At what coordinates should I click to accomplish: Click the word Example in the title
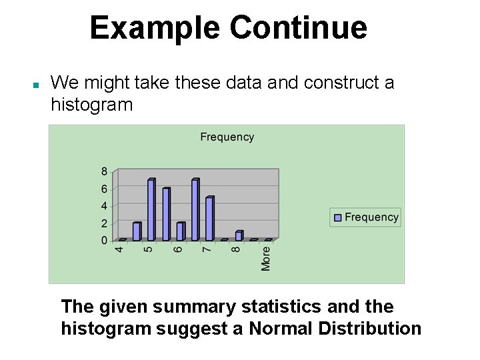point(155,28)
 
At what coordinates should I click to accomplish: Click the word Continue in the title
point(298,28)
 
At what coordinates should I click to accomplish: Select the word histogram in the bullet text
point(91,105)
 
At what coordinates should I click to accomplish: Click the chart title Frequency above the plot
point(227,137)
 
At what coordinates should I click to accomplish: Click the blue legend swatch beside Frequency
point(338,217)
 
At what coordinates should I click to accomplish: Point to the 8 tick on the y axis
point(104,171)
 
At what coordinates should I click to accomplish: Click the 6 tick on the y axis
point(104,189)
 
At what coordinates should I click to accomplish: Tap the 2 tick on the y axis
point(104,223)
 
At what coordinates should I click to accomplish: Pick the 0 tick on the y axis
point(104,240)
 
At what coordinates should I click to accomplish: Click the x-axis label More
point(266,259)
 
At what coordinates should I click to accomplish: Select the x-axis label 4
point(120,250)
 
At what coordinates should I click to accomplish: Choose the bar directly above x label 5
point(151,210)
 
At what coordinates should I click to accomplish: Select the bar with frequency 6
point(166,214)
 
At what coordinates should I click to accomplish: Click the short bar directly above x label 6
point(180,231)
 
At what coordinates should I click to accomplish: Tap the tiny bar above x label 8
point(239,235)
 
